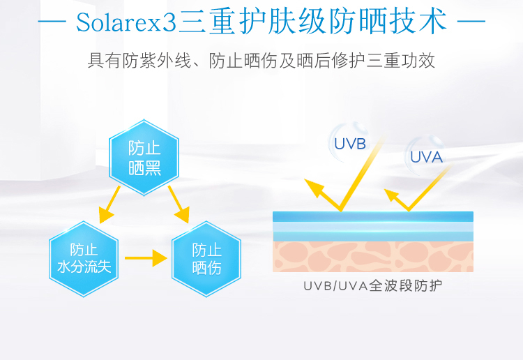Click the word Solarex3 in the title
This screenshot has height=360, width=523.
[126, 23]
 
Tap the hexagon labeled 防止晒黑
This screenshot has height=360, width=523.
[144, 158]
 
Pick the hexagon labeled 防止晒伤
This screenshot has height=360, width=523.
[206, 258]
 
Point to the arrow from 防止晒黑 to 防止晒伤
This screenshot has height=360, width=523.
[179, 207]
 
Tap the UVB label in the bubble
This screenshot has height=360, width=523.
[349, 144]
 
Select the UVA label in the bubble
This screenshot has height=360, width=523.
[426, 157]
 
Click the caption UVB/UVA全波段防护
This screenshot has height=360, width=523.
[372, 286]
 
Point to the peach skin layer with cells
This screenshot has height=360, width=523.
[372, 256]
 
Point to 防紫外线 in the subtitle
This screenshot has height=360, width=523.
[152, 61]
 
